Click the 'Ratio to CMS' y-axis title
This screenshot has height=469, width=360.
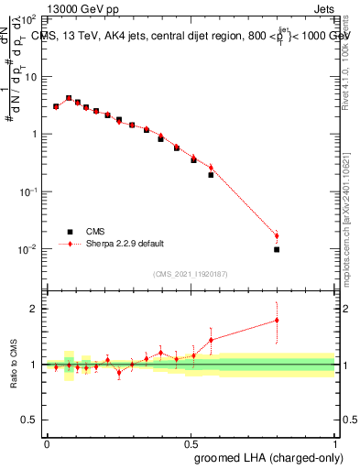tap(12, 364)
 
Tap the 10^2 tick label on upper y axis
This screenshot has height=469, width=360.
tap(29, 19)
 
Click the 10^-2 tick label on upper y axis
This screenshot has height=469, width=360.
tap(27, 250)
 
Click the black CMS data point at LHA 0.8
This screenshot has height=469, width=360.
tap(277, 249)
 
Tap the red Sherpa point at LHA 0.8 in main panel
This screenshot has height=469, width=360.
tap(277, 235)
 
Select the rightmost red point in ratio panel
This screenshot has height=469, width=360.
tap(277, 320)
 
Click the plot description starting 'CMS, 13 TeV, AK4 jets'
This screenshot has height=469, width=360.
tap(192, 36)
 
